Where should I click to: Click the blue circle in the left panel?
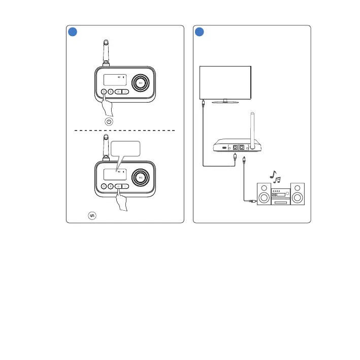tap(73, 31)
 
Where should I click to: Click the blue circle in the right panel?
tap(200, 31)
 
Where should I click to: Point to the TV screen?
tap(225, 82)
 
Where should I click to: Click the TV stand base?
tap(225, 102)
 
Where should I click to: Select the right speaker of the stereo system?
tap(298, 195)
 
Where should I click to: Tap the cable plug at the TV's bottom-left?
tap(203, 103)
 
